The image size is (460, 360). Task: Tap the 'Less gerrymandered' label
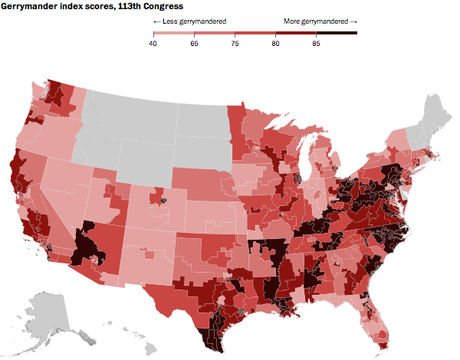189,21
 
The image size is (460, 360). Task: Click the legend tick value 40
153,44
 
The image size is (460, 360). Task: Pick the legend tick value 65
198,44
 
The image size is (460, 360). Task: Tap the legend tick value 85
316,44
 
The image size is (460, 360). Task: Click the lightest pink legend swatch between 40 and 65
175,34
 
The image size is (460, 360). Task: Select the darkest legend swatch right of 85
336,34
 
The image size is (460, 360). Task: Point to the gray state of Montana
130,110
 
